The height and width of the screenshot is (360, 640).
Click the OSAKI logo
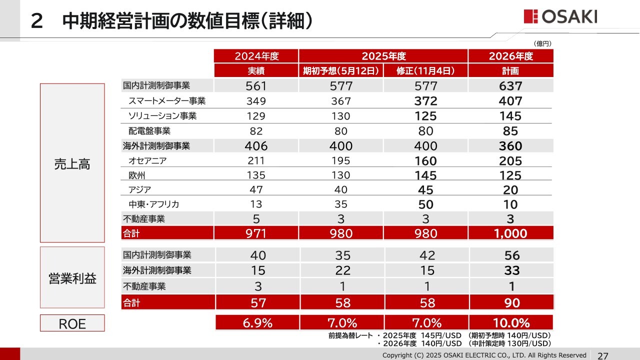pos(560,16)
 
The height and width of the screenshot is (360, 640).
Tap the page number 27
pos(603,355)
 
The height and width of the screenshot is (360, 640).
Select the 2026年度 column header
pos(511,56)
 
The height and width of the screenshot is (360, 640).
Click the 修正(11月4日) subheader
pos(425,70)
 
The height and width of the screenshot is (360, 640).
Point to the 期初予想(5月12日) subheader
pos(341,70)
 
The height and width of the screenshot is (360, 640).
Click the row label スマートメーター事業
pos(167,100)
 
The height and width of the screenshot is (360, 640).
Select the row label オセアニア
pos(147,160)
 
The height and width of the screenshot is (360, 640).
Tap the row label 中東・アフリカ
pos(154,204)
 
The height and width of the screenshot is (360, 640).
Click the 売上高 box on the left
pos(72,163)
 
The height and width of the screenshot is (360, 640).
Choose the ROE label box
pos(72,323)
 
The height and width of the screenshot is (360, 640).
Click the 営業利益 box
pos(72,278)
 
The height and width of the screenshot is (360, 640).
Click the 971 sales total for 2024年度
pos(256,233)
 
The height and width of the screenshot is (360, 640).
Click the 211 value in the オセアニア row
pos(256,161)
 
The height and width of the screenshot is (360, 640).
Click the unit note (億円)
pos(542,44)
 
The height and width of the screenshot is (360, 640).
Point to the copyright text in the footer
pos(484,355)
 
